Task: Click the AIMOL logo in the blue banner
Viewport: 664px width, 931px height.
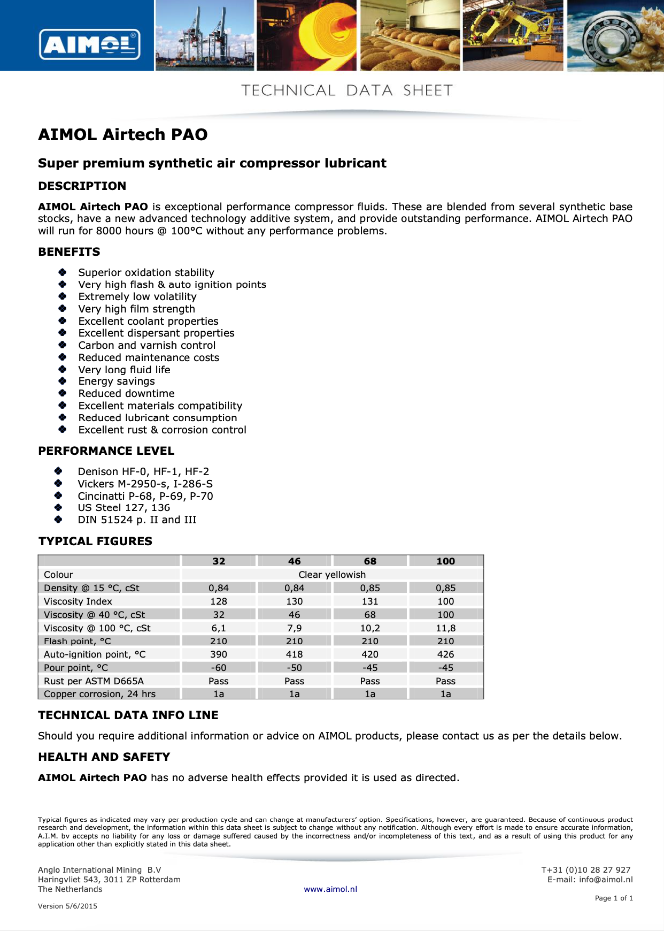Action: point(90,44)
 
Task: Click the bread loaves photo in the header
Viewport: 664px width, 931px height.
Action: point(410,35)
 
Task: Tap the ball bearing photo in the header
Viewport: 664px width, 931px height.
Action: point(615,35)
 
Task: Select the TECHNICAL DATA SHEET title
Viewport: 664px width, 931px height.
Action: point(347,90)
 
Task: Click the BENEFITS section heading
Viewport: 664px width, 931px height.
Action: point(69,251)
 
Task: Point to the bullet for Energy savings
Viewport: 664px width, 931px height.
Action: point(63,381)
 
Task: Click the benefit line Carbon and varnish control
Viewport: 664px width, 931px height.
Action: point(147,345)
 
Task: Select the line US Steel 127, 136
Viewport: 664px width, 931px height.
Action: point(124,507)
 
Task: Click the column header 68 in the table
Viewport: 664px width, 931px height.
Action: point(370,561)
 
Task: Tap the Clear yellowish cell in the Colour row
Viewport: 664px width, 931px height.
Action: point(332,574)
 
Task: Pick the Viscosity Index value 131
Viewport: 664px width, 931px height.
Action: point(370,601)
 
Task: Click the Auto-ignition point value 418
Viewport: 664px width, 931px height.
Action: point(294,654)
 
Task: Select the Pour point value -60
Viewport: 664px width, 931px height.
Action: point(219,667)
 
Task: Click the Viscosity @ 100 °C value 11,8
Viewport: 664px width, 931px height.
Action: point(445,628)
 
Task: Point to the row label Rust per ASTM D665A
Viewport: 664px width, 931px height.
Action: point(94,681)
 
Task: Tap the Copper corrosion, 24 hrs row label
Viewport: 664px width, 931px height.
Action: point(100,693)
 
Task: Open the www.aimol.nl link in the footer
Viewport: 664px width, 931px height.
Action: point(330,889)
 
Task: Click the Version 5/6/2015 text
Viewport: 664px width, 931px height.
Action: point(67,906)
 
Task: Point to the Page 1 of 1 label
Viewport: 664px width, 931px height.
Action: point(614,898)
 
